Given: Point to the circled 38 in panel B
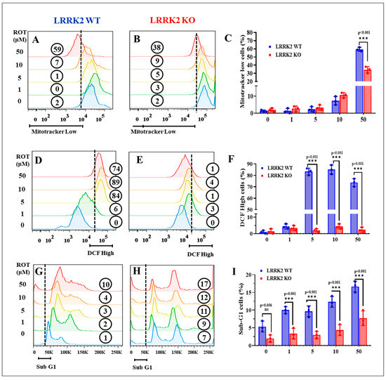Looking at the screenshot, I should [158, 49].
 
